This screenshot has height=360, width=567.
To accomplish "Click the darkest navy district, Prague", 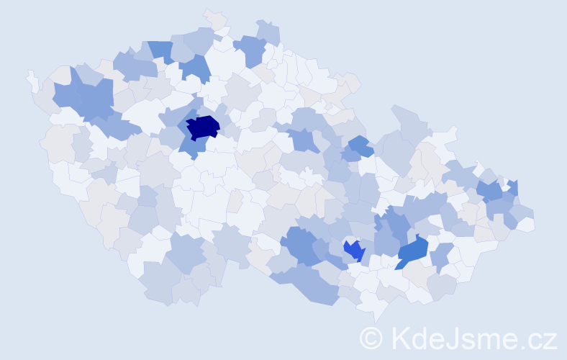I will pos(202,127).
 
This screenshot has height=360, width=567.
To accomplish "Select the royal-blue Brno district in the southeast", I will pos(354,251).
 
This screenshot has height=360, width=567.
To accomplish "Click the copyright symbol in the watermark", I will pos(371,337).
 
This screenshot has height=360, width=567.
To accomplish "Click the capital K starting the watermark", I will pos(401,337).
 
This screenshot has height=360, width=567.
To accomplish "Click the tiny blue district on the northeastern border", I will pos(513,187).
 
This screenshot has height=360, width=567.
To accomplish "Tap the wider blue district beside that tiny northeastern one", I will pos(491,192).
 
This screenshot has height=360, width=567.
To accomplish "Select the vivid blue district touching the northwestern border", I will pos(161,51).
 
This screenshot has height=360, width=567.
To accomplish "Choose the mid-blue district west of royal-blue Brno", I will pos(301,245).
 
